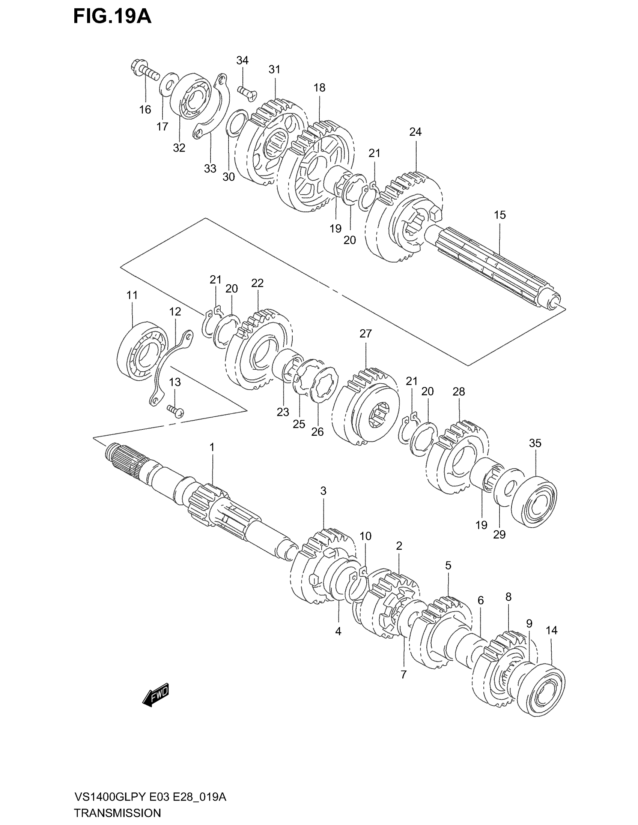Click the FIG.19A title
pyautogui.click(x=112, y=17)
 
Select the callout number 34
pyautogui.click(x=242, y=60)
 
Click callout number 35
pyautogui.click(x=535, y=443)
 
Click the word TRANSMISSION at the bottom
pyautogui.click(x=117, y=813)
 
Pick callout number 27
pyautogui.click(x=366, y=333)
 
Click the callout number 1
pyautogui.click(x=212, y=447)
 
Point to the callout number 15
pyautogui.click(x=500, y=215)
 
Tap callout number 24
pyautogui.click(x=415, y=132)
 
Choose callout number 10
pyautogui.click(x=365, y=536)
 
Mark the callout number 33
pyautogui.click(x=210, y=168)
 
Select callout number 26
pyautogui.click(x=317, y=432)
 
